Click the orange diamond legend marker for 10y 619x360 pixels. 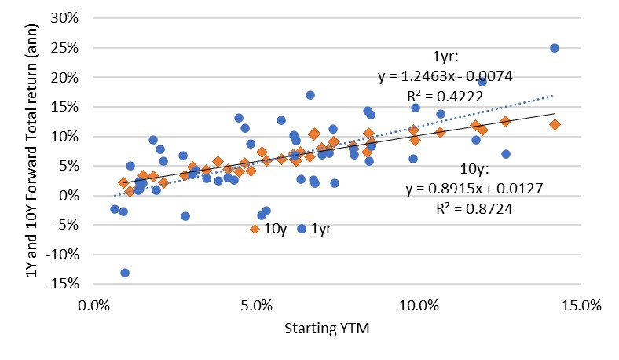click(255, 229)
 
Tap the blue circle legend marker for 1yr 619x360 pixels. click(302, 229)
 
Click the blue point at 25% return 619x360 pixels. click(555, 48)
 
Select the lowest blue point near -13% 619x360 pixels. click(125, 273)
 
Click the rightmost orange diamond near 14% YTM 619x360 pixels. click(555, 125)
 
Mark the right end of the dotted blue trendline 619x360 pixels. click(554, 96)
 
